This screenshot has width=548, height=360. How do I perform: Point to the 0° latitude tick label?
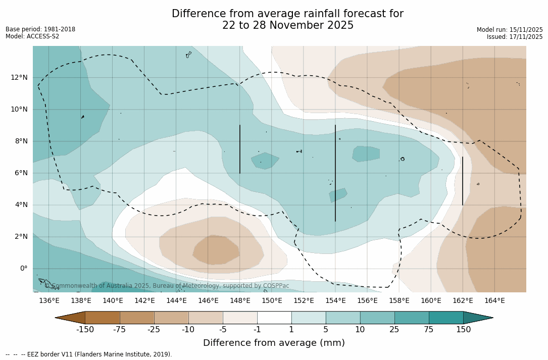click(x=23, y=269)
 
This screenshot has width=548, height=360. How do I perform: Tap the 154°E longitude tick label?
click(x=335, y=301)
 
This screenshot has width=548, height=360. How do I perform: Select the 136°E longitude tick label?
click(x=49, y=301)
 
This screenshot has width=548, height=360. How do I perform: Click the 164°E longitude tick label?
click(x=494, y=301)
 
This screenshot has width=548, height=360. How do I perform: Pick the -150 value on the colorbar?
click(x=85, y=330)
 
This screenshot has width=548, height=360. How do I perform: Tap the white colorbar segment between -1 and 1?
click(x=274, y=318)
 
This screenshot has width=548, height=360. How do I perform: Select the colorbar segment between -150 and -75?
click(x=103, y=318)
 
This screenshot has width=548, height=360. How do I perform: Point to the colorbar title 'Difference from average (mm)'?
click(x=274, y=343)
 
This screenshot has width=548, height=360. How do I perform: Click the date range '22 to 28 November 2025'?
click(x=288, y=25)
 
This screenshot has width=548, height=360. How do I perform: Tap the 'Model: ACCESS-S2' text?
click(x=32, y=36)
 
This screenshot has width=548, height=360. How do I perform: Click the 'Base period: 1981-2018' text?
click(x=40, y=29)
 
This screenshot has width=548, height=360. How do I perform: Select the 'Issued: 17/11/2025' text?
click(x=515, y=37)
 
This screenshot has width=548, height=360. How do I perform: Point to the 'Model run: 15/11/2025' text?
click(x=510, y=30)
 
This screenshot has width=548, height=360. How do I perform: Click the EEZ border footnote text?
click(x=88, y=354)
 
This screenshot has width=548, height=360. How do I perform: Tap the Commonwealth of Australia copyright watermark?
click(x=167, y=286)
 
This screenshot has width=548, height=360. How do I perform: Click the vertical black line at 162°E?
click(x=462, y=181)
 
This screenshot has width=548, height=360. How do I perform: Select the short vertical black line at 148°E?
click(x=240, y=149)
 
